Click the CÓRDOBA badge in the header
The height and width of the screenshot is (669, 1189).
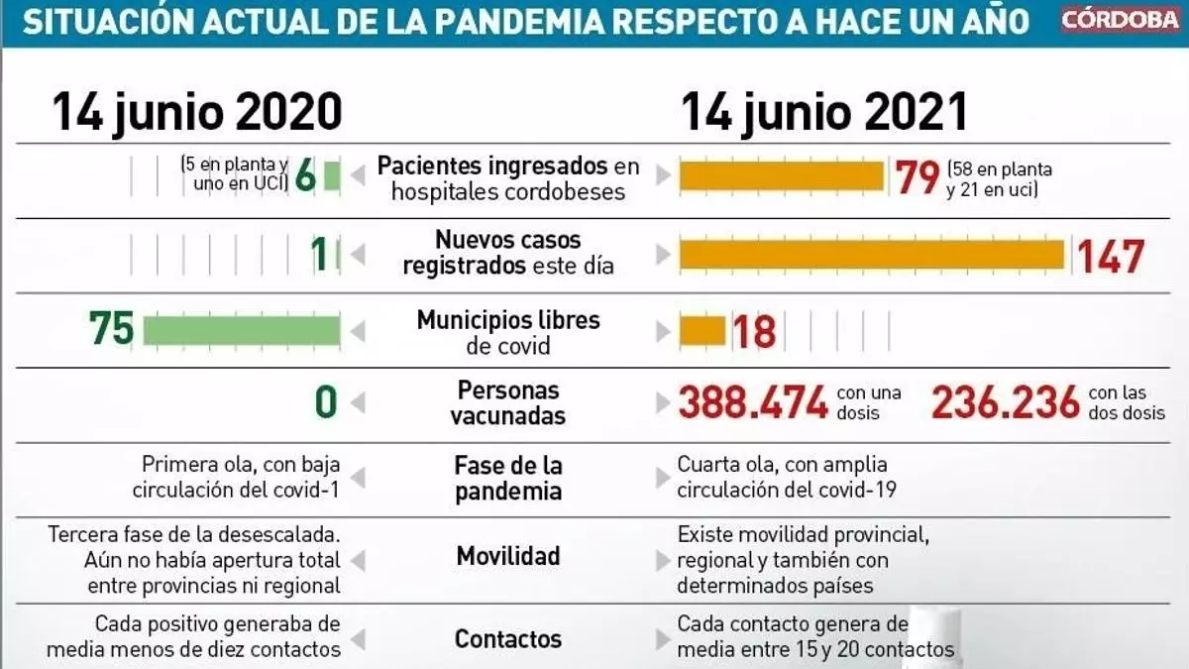click(x=1121, y=20)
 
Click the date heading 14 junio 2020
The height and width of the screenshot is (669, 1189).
click(x=197, y=111)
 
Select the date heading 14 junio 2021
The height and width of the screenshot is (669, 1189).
click(x=823, y=111)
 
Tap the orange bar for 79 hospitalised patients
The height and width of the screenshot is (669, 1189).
click(x=781, y=175)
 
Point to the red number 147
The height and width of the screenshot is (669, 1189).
click(x=1111, y=257)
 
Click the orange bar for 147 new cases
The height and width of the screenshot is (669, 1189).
click(x=871, y=256)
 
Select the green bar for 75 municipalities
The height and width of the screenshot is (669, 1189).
click(x=241, y=330)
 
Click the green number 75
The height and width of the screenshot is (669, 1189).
click(x=111, y=329)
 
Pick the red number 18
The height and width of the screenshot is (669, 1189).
click(x=754, y=331)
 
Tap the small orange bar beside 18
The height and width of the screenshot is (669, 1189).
click(x=702, y=330)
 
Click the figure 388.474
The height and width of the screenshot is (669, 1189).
click(x=753, y=402)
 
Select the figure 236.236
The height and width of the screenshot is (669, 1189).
click(x=1006, y=402)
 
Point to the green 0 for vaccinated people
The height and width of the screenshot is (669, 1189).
click(x=326, y=402)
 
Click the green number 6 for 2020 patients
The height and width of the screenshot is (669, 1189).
click(x=305, y=176)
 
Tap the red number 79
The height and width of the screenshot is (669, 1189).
click(x=918, y=177)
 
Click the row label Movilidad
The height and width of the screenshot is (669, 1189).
click(x=508, y=556)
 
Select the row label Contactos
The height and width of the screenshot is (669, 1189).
click(x=508, y=639)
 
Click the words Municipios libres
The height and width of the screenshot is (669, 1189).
click(x=508, y=320)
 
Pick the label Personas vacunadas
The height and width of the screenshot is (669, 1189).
click(x=508, y=402)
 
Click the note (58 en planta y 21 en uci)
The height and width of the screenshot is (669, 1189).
click(x=999, y=178)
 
